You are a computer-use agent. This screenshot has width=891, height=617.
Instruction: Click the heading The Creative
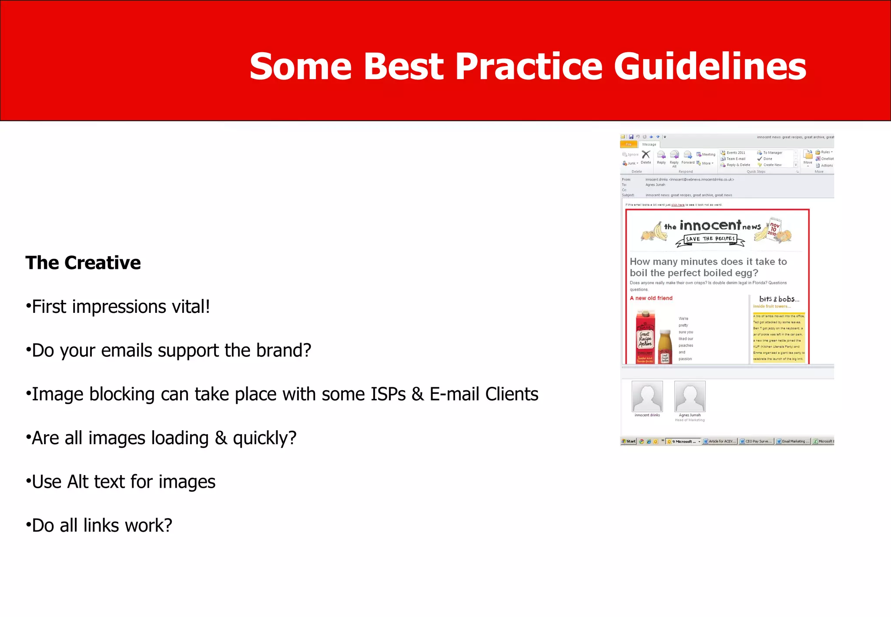coord(83,263)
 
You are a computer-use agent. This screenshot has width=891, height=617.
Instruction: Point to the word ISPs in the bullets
coord(388,394)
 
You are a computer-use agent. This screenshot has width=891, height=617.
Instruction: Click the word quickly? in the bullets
coord(265,438)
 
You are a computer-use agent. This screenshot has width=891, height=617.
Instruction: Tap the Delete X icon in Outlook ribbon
coord(646,155)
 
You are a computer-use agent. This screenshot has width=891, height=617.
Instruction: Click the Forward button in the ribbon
coord(688,157)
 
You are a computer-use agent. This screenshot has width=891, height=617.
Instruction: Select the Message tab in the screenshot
coord(649,144)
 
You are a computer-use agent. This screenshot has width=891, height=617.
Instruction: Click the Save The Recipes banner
coord(710,239)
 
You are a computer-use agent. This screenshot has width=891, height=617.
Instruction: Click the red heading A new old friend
coord(651,298)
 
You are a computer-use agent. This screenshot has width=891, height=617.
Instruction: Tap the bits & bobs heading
coord(779,299)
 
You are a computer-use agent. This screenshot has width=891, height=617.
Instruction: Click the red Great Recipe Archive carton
coord(645,337)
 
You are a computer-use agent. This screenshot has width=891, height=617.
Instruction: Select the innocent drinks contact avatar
coord(647,396)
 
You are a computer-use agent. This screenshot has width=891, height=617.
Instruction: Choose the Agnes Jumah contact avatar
coord(690,396)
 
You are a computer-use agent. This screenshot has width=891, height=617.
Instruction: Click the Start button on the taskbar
coord(629,441)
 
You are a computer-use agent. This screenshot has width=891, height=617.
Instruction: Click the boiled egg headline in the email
coord(708,267)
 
